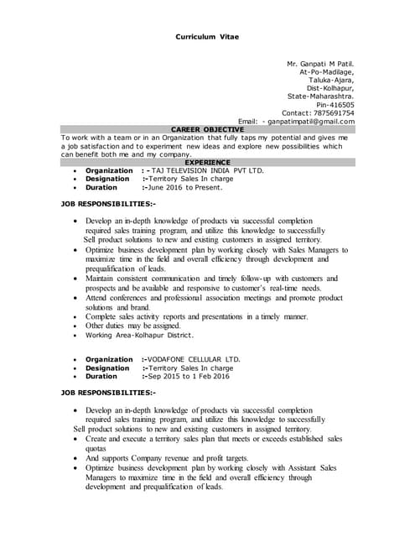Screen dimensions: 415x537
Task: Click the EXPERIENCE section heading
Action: coord(207,161)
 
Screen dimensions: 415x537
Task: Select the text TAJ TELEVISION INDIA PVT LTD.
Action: coord(206,170)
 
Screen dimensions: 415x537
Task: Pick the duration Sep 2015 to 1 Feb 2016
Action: coord(189,377)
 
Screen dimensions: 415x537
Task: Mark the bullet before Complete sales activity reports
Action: coord(76,316)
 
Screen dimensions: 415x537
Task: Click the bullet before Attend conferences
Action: coord(76,298)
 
